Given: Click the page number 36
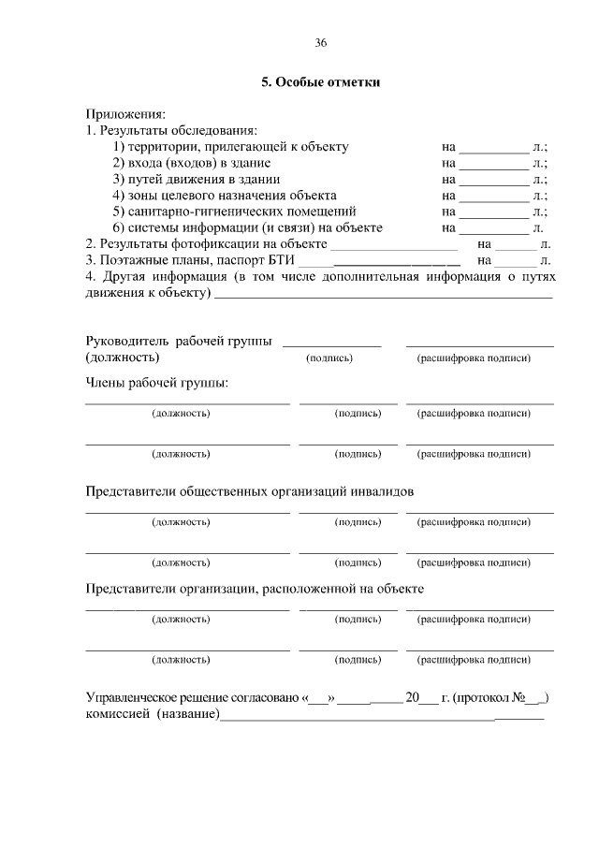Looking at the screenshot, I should tap(321, 44).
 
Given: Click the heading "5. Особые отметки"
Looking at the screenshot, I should tap(321, 82).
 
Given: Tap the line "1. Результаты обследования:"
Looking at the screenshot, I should tap(171, 130).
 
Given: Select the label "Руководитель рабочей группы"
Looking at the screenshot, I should tap(179, 342).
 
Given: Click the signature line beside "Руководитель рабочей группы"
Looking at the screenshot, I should tap(331, 344).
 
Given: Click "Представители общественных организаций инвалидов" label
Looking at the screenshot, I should tap(249, 490).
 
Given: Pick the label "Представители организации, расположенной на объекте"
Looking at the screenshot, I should tap(255, 589).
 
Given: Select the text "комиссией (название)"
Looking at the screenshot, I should tap(153, 715).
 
